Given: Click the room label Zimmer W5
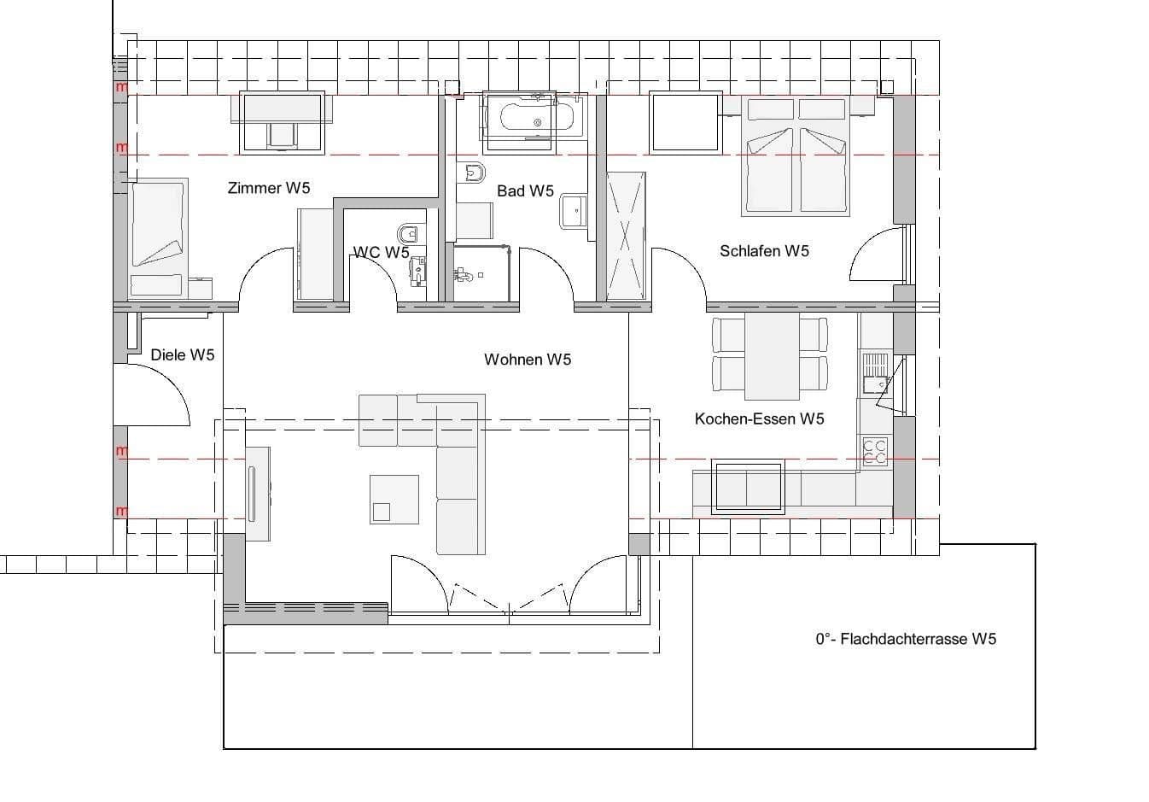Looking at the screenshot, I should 268,188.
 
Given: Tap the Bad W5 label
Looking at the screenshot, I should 525,191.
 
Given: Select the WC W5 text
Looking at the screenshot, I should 381,253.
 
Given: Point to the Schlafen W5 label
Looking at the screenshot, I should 764,251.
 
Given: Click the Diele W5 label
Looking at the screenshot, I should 182,355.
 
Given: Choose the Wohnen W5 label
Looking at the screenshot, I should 527,360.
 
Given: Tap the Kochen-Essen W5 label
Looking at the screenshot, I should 759,419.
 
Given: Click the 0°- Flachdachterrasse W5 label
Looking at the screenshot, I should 905,639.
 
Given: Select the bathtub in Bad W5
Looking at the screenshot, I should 534,116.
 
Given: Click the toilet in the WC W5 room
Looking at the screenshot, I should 409,232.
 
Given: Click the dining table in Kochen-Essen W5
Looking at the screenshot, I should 772,355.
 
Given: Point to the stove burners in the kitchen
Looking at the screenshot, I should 874,451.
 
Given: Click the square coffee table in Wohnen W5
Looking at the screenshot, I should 394,499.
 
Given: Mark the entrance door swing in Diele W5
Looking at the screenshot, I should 154,393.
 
